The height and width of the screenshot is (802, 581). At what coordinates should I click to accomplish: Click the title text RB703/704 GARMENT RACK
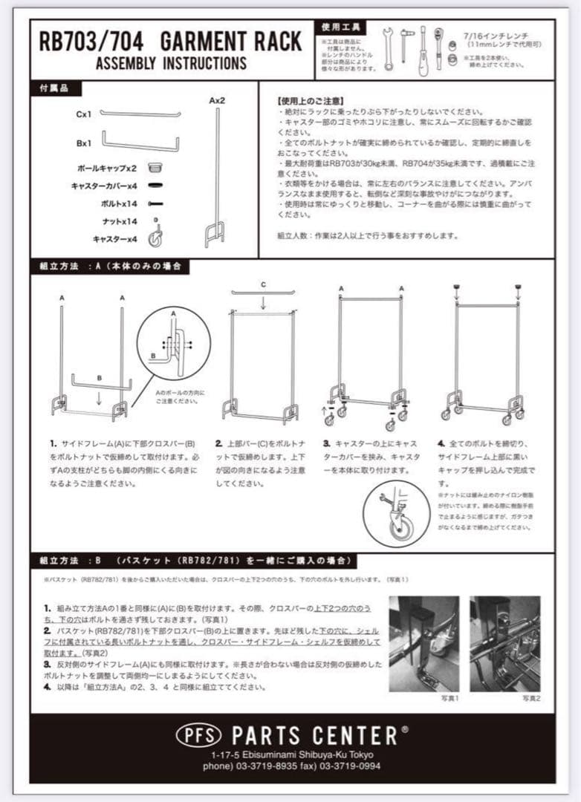(170, 41)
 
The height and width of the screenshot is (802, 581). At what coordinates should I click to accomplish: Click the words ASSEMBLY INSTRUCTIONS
(171, 63)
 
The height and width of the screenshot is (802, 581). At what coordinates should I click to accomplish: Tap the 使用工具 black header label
(341, 27)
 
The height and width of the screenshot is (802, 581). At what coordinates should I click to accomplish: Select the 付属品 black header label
(54, 88)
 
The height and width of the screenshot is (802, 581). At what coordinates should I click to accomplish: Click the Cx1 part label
(83, 115)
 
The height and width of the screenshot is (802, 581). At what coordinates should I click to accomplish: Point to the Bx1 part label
(84, 143)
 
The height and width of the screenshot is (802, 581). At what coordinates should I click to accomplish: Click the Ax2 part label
(217, 100)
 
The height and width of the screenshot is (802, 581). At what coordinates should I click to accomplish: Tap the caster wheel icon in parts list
(155, 238)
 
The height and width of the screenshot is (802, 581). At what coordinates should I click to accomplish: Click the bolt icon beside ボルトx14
(155, 203)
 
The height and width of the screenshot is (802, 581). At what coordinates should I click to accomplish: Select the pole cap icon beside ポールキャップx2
(155, 168)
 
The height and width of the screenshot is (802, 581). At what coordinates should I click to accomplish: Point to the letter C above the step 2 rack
(262, 284)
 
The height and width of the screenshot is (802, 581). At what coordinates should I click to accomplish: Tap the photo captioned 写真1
(423, 644)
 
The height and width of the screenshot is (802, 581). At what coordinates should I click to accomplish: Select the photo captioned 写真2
(504, 644)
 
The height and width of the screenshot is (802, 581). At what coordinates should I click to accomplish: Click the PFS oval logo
(199, 735)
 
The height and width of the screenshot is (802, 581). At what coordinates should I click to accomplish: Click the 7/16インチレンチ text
(496, 35)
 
